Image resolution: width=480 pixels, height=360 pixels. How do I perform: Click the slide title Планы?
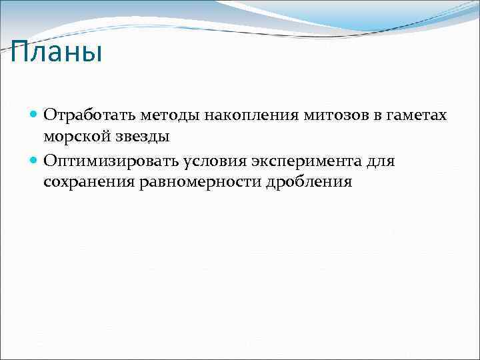[57, 52]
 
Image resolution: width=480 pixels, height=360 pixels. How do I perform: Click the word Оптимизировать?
[103, 161]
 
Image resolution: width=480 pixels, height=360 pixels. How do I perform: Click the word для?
[380, 161]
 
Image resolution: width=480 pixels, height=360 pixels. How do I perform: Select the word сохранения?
[89, 182]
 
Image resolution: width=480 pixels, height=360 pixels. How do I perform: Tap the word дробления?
[309, 182]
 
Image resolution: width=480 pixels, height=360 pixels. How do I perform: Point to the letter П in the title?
[20, 52]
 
